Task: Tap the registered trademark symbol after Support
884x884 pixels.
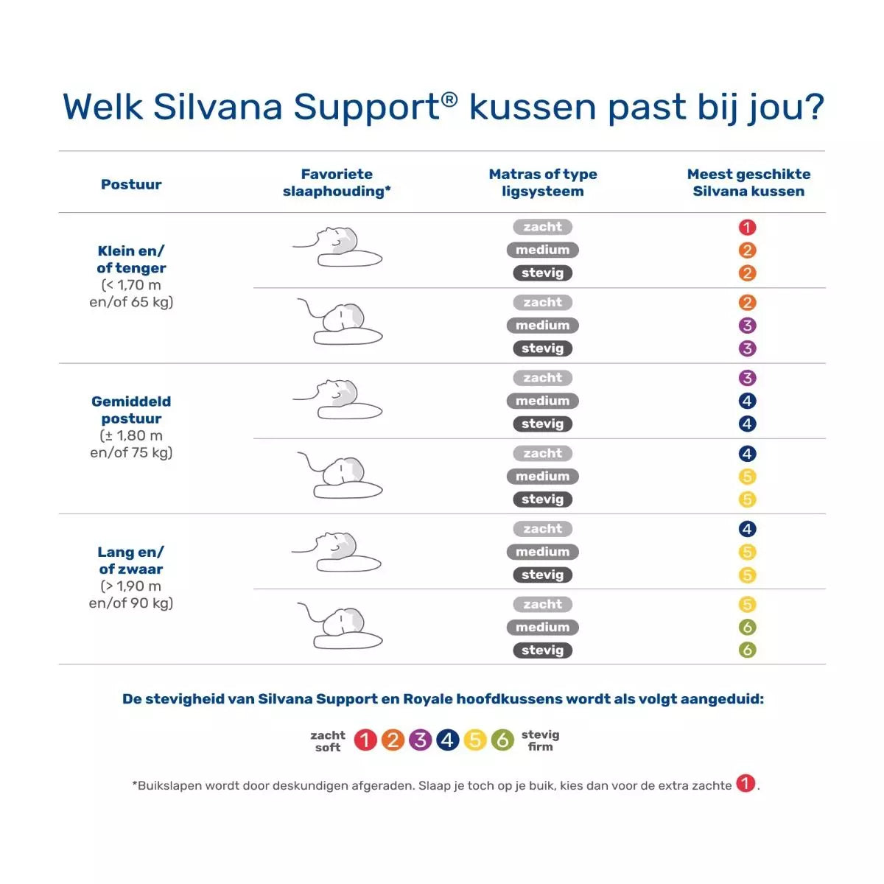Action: [449, 99]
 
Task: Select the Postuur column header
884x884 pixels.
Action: [131, 184]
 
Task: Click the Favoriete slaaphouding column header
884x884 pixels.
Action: [337, 183]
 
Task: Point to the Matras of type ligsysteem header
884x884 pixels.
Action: [543, 183]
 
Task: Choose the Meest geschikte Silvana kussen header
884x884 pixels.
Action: [748, 183]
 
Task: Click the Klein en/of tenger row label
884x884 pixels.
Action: [131, 276]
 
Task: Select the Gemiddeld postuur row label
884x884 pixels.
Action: [131, 427]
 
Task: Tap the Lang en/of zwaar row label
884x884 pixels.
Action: [131, 577]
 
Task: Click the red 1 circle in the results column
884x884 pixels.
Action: [747, 228]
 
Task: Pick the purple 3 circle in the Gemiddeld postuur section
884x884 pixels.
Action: [747, 378]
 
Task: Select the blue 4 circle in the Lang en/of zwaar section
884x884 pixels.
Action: [747, 529]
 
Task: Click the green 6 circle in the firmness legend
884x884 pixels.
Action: [502, 740]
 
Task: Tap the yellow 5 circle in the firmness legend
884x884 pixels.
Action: [475, 740]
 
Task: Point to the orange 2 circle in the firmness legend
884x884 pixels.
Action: [393, 740]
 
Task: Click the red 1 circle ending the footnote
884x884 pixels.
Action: [746, 784]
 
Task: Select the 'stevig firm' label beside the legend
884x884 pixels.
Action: [540, 740]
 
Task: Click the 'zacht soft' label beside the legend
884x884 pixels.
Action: [328, 741]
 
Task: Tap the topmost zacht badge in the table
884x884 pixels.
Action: [542, 227]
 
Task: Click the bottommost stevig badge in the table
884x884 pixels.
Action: [542, 650]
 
